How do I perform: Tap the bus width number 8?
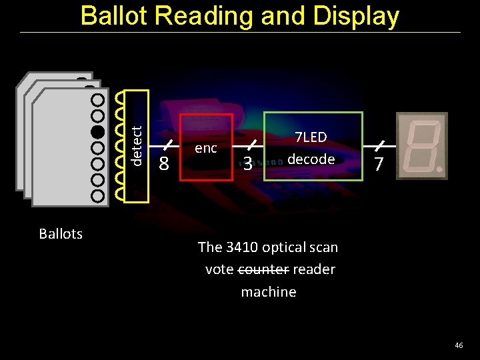pos(164,163)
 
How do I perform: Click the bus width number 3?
pos(247,163)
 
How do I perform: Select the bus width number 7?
pos(379,163)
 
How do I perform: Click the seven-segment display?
pos(421,145)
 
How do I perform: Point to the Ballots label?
pos(61,233)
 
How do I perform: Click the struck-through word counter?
pos(263,269)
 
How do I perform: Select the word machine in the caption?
pos(268,291)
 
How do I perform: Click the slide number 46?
pos(458,345)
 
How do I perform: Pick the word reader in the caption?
pos(313,269)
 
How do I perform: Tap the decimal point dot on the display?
pos(440,171)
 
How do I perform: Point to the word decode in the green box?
pos(311,159)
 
